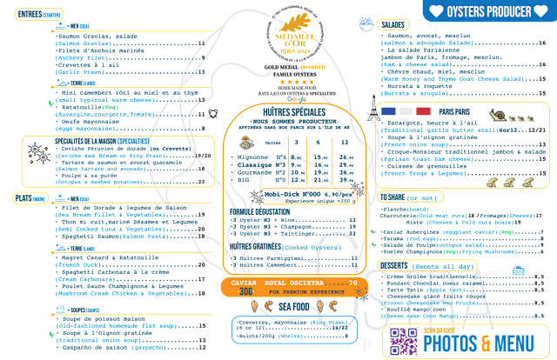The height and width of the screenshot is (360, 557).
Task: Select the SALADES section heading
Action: tap(394, 25)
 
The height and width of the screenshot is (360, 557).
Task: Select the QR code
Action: tap(404, 342)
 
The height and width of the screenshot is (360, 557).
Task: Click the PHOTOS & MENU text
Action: tap(484, 345)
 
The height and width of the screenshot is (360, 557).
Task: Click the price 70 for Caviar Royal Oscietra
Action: tap(352, 283)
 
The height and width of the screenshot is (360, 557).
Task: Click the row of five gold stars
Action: tap(295, 78)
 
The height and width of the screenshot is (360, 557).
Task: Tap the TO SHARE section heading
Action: tap(396, 198)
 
